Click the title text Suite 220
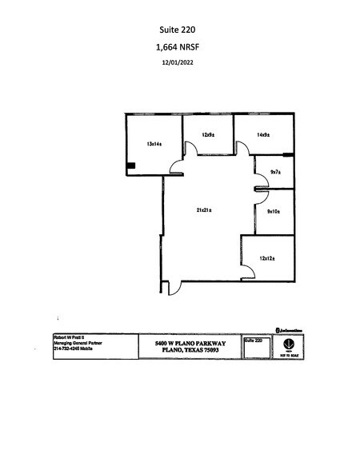click(180, 30)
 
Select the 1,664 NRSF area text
click(180, 48)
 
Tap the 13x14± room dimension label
click(154, 144)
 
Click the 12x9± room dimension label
click(208, 134)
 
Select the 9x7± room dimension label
click(276, 172)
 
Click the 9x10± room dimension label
click(274, 211)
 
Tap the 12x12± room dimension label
click(268, 257)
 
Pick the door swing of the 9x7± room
click(261, 181)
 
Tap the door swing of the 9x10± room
click(261, 196)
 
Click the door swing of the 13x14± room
click(175, 164)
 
